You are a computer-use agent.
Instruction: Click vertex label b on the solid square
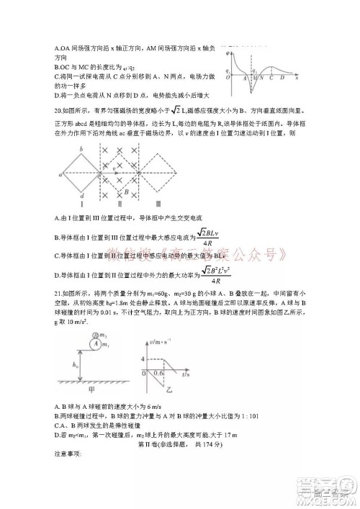pyautogui.click(x=81, y=150)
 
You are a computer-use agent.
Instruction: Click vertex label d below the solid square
pyautogui.click(x=84, y=197)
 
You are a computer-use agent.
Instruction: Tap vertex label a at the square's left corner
pyautogui.click(x=55, y=173)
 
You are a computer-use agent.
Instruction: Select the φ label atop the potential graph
pyautogui.click(x=228, y=53)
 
